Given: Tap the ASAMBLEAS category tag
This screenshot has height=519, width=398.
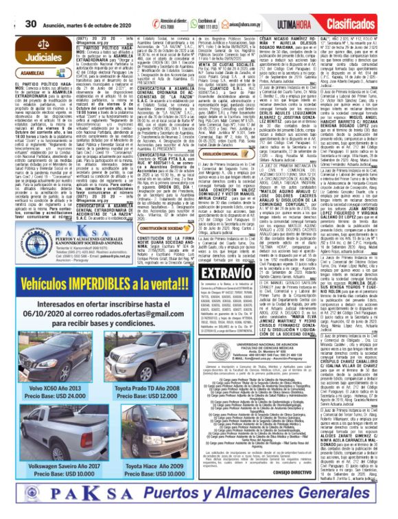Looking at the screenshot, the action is click(x=32, y=72).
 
